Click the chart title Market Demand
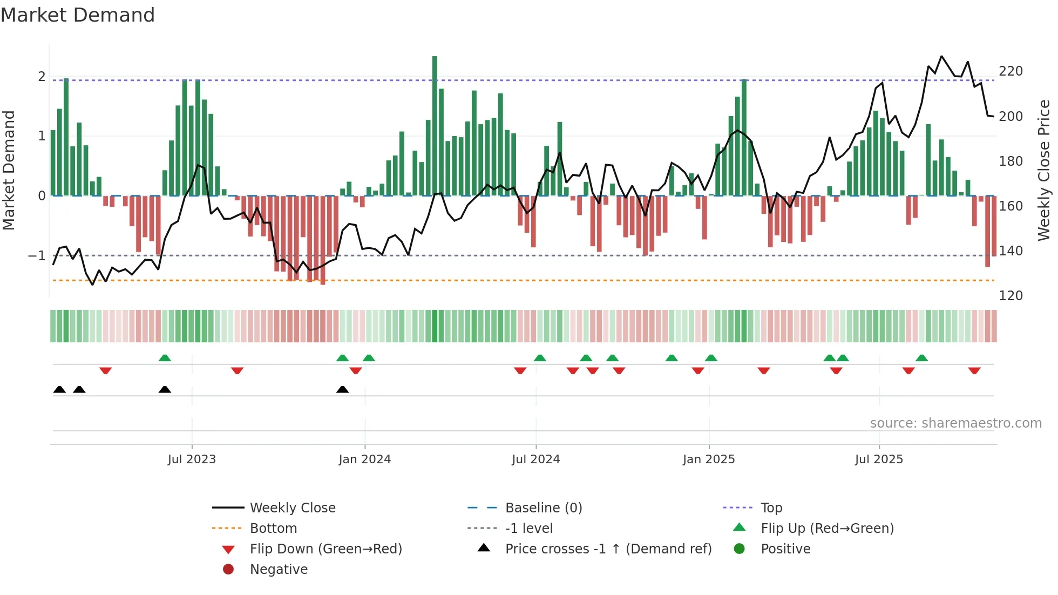click(78, 15)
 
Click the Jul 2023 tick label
click(192, 459)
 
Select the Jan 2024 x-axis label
click(365, 459)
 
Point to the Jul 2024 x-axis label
click(536, 459)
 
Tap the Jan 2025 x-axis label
click(709, 459)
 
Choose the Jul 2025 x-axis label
click(879, 459)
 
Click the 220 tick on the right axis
click(1010, 71)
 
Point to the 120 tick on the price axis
click(1010, 296)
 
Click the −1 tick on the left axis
click(37, 255)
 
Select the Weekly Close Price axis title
click(1044, 170)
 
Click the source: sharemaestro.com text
click(955, 423)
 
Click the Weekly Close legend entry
click(293, 508)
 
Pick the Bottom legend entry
click(273, 529)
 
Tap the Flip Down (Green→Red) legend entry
click(325, 549)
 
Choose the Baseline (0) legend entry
click(544, 508)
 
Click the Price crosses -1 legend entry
click(608, 549)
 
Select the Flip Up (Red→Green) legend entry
click(827, 529)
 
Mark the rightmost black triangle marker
click(342, 389)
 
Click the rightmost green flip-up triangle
click(922, 358)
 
